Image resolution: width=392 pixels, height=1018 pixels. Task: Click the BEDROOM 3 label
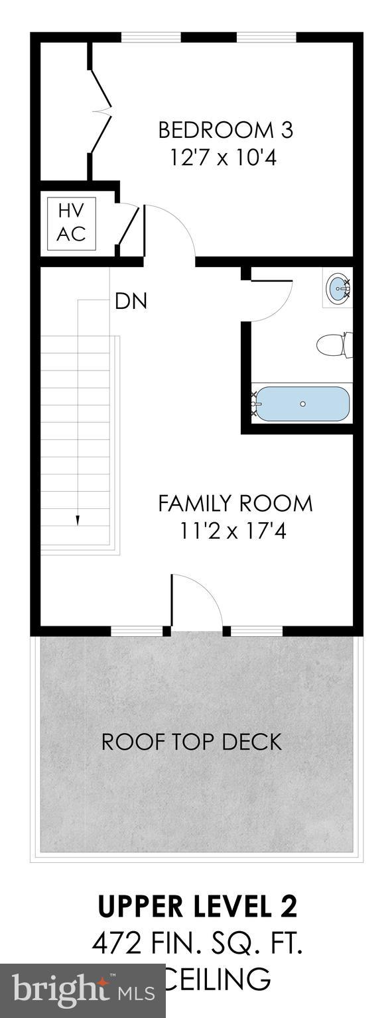point(225,130)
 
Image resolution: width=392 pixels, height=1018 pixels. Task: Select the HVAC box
point(71,223)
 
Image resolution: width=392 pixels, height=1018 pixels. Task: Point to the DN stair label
point(131,302)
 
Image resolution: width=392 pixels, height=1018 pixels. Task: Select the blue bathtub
point(302,403)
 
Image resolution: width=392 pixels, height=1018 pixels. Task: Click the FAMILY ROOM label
point(235,503)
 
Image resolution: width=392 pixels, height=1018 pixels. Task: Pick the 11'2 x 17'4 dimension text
point(231,532)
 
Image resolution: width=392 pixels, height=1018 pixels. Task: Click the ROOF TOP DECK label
point(192,742)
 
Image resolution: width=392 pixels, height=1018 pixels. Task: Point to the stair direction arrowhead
point(78,520)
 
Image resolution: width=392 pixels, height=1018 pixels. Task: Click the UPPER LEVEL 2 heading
point(198,907)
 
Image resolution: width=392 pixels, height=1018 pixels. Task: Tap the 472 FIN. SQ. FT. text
point(197,944)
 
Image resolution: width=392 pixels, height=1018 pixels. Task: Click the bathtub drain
point(302,403)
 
